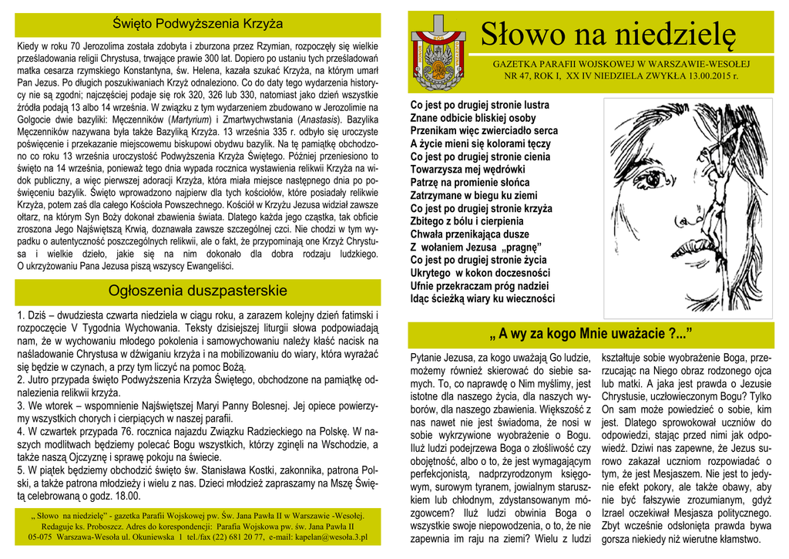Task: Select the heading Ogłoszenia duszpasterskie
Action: point(198,291)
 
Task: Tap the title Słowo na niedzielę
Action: point(608,33)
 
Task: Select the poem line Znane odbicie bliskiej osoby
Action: point(473,118)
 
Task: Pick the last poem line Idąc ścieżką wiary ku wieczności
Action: point(482,298)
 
